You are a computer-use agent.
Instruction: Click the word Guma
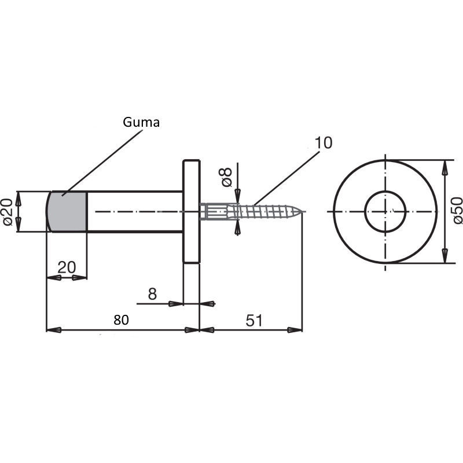pos(141,122)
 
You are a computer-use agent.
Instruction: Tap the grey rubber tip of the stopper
pos(67,212)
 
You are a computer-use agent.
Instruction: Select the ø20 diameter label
pos(8,212)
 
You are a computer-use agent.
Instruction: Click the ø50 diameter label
pos(457,211)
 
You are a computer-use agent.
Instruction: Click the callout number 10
pos(324,143)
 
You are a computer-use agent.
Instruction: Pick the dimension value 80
pos(121,320)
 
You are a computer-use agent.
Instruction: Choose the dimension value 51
pos(254,321)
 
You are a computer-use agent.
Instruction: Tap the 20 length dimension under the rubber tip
pos(67,267)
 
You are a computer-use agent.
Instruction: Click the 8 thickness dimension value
pos(152,294)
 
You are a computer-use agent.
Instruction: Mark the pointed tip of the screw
pos(303,211)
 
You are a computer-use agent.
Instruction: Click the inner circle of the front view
pos(385,191)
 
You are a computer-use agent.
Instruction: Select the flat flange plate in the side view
pos(192,211)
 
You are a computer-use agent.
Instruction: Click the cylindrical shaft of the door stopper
pos(135,212)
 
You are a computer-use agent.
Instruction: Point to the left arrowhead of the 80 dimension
pos(54,330)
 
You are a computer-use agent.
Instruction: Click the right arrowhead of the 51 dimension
pos(295,330)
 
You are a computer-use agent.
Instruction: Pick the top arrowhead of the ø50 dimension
pos(444,167)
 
